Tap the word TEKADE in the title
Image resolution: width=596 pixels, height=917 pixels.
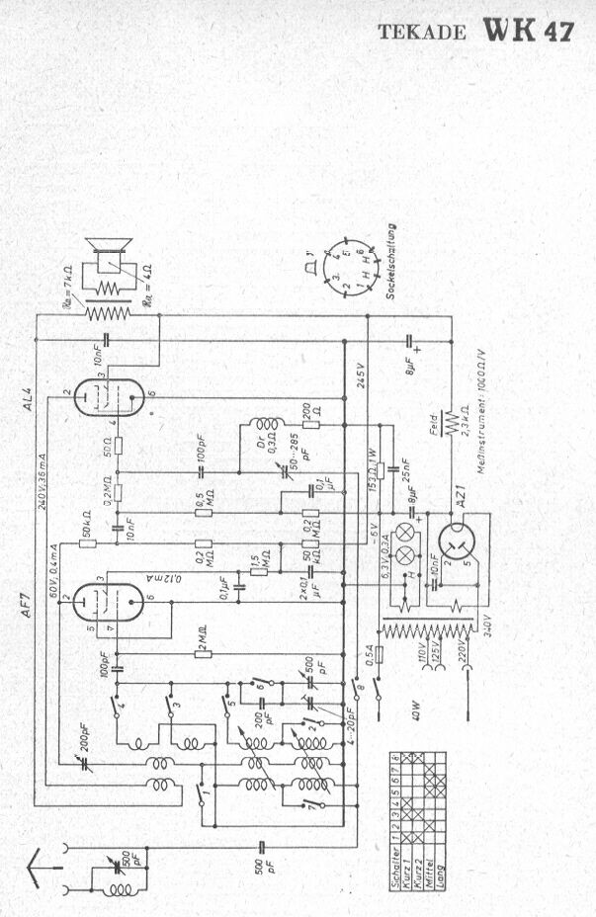pos(424,33)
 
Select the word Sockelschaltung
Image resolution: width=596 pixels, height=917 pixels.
pos(391,261)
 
